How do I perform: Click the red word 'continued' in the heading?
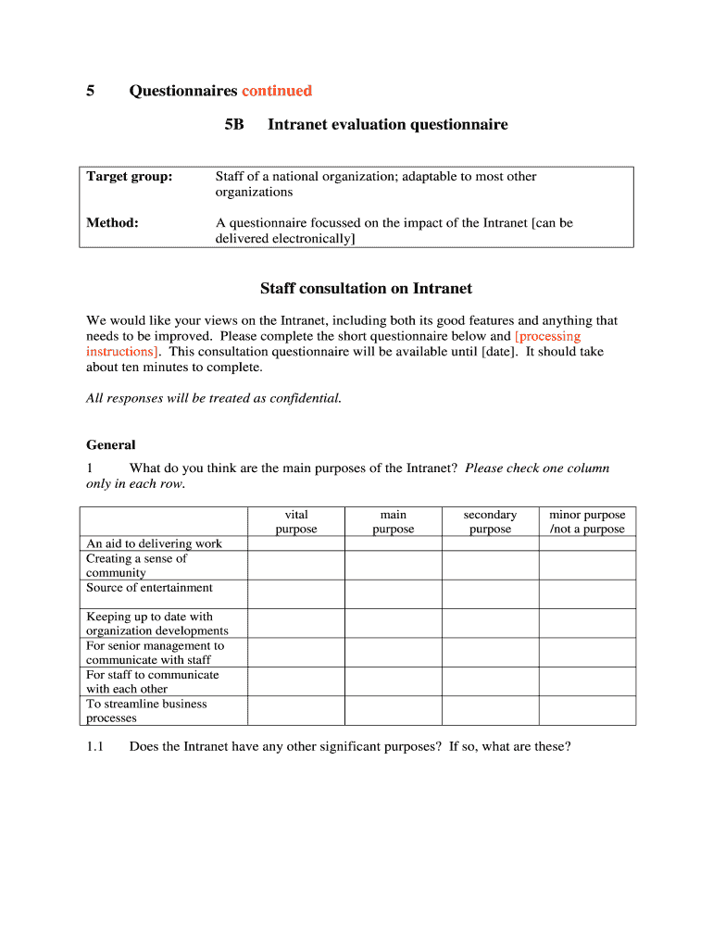point(277,91)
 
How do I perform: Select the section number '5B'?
point(234,124)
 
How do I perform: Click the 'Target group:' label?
point(130,177)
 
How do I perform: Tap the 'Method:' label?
point(112,223)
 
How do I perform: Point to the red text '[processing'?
point(547,337)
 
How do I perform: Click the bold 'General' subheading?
point(110,445)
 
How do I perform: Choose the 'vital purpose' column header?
point(296,522)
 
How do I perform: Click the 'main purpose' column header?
point(393,522)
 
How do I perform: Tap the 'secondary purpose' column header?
point(490,522)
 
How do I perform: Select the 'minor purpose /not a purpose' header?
point(587,522)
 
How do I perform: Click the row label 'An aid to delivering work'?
point(154,544)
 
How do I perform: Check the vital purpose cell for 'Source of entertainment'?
point(296,594)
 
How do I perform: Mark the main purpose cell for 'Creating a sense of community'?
point(393,566)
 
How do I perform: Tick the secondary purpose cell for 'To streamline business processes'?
point(490,711)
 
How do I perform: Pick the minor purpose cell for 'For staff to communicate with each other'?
point(587,682)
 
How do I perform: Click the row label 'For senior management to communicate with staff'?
point(155,653)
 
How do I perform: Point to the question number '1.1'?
point(94,746)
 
